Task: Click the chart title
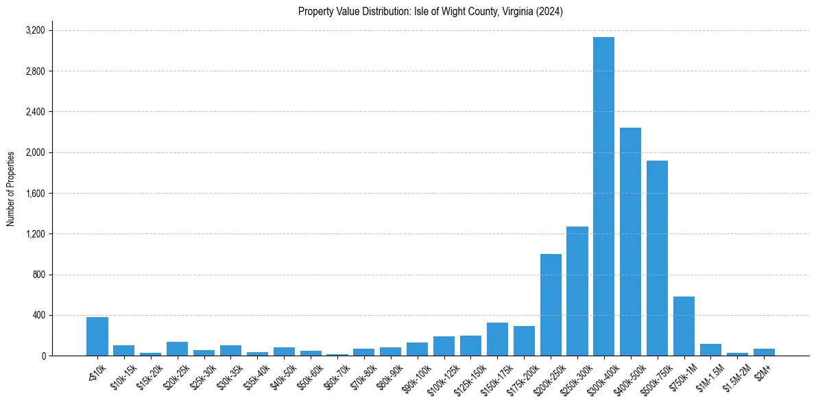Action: click(x=430, y=12)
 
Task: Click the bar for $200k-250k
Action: click(x=551, y=305)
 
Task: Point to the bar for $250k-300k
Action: click(x=577, y=291)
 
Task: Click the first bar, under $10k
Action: click(x=97, y=336)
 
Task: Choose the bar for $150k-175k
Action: click(x=497, y=339)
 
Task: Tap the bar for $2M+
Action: click(x=764, y=352)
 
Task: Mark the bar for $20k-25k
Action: click(x=177, y=349)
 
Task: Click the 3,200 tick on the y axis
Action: click(x=35, y=31)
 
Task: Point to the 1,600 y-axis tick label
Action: click(x=35, y=194)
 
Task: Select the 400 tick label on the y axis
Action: click(x=38, y=316)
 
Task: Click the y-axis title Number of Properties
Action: click(x=11, y=188)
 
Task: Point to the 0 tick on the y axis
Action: click(x=43, y=356)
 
